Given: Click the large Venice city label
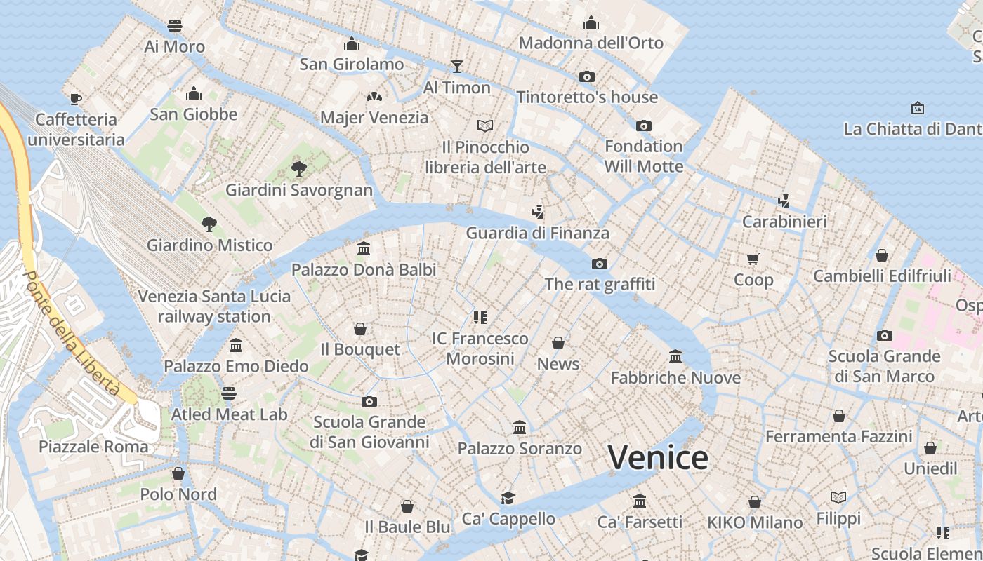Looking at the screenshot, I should (658, 458).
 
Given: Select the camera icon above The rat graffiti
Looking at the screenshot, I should (599, 264).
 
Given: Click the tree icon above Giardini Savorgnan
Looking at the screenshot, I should (299, 168).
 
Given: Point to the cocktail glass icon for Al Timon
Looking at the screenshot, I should (457, 67).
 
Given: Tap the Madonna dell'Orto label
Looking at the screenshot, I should (591, 43).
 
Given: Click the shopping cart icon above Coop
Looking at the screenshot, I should (753, 259).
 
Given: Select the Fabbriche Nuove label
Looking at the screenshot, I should (675, 378).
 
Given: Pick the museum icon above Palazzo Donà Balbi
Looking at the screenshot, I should (364, 249).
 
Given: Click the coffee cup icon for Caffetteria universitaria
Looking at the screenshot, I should (76, 99).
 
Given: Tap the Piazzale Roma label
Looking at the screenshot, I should (93, 447).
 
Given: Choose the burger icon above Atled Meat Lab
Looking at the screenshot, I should (229, 393).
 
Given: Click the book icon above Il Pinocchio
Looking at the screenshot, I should (485, 126).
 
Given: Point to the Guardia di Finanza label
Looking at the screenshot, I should (537, 233).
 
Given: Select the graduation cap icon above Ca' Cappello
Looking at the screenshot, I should (508, 498).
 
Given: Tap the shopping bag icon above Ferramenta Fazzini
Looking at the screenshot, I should (838, 416).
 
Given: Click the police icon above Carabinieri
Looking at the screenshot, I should (784, 201).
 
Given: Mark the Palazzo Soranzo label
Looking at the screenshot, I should (520, 448).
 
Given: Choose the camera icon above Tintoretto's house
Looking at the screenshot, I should (587, 76).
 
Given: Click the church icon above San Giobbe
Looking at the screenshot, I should (194, 93).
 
